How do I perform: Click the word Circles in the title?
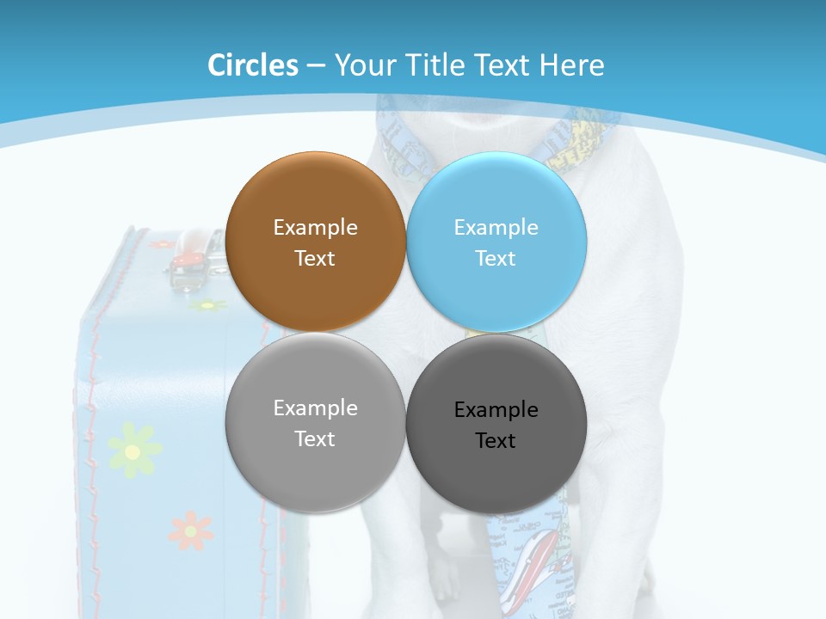pos(253,65)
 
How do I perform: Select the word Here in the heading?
pos(572,65)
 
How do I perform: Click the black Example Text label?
pos(496,425)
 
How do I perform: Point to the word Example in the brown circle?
pos(315,228)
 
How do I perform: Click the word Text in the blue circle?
pos(496,259)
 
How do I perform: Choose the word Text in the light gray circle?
pos(315,439)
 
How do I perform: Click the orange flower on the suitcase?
pos(190,530)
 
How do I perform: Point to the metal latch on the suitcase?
pos(185,274)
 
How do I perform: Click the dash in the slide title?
pos(316,66)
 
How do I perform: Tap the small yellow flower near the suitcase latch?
pos(206,305)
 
